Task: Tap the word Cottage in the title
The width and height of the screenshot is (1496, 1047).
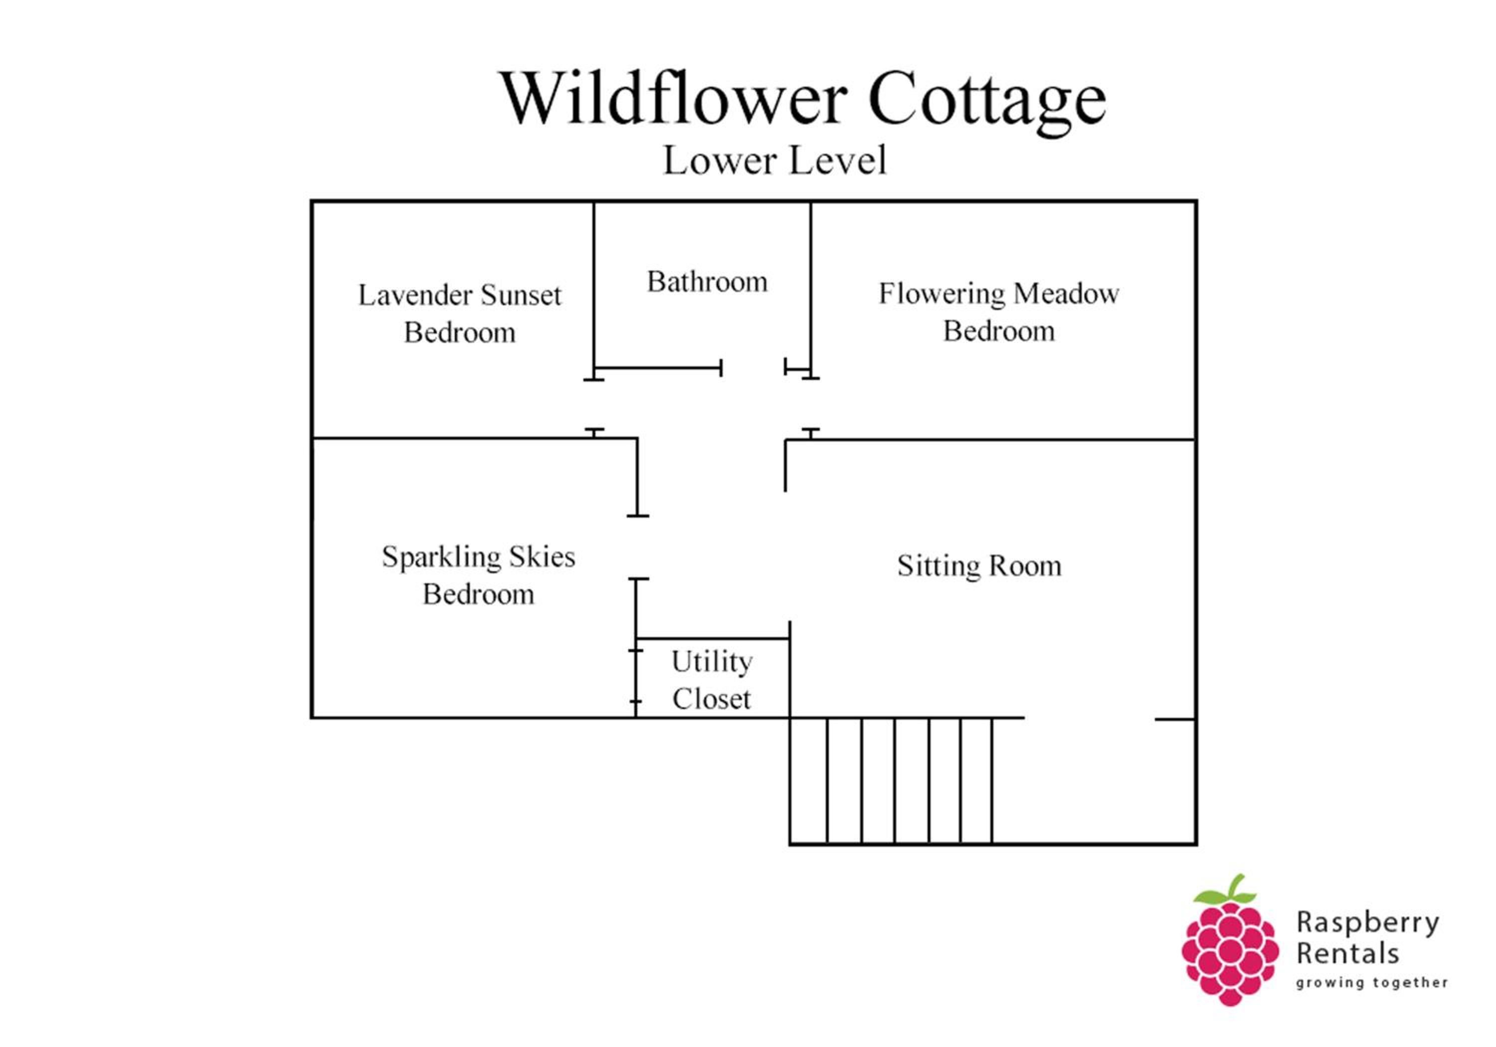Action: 987,104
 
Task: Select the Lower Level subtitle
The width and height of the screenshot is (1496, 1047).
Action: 775,160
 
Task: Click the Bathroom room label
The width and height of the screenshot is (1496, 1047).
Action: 707,282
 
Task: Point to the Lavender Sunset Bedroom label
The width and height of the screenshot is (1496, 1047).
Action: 459,314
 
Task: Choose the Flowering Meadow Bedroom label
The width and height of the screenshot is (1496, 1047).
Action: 999,312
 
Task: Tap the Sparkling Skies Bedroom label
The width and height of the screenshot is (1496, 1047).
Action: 478,575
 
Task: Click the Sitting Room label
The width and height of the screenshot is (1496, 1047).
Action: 979,565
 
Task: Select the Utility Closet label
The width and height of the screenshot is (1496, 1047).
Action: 712,680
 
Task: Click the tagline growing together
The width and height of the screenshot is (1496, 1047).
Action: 1371,983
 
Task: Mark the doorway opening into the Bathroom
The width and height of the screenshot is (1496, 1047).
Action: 753,368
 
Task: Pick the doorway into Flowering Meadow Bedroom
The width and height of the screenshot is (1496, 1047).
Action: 810,404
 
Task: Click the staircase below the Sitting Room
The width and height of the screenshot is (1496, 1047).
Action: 891,781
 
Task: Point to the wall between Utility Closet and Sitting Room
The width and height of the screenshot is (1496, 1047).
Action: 790,670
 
